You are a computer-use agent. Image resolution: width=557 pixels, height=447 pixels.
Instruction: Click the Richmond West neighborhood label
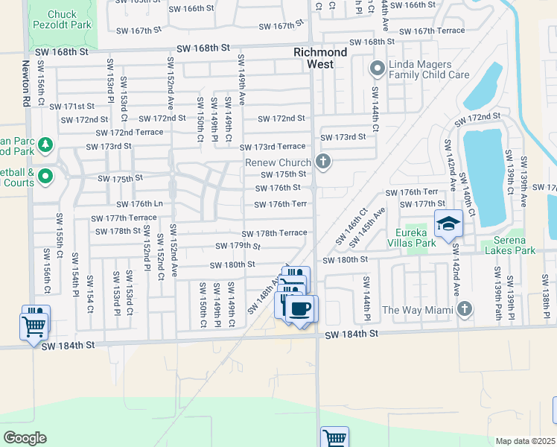[320, 58]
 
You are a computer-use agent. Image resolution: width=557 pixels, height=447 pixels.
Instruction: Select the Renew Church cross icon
[323, 162]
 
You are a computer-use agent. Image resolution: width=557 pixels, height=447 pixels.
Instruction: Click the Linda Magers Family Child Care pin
[377, 69]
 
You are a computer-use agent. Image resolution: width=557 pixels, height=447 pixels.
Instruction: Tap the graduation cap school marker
[449, 223]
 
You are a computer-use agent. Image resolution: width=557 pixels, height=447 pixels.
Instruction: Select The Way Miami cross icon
[465, 308]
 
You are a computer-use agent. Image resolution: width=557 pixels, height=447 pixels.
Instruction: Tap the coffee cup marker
[301, 308]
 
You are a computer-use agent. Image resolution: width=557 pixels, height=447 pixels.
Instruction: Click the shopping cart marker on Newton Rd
[34, 326]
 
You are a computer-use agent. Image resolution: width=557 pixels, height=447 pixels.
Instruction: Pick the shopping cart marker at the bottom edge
[335, 438]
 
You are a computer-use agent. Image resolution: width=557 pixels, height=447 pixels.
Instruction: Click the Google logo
[25, 438]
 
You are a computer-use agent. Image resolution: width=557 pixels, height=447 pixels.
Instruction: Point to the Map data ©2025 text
[526, 441]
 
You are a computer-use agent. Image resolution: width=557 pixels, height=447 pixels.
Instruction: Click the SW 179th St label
[238, 246]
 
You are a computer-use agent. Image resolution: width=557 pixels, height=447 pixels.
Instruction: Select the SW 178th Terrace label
[274, 233]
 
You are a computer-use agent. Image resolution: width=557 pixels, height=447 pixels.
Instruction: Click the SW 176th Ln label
[139, 204]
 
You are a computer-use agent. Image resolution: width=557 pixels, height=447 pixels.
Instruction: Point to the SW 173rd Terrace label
[272, 147]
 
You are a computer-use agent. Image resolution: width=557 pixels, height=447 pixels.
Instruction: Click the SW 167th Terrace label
[432, 31]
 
